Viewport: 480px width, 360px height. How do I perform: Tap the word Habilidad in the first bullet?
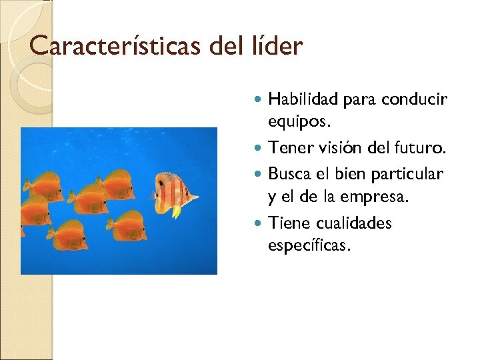point(303,99)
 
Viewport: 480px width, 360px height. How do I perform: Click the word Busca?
point(289,173)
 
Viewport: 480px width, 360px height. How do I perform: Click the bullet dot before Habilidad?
point(259,100)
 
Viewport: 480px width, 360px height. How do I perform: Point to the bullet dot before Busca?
point(259,174)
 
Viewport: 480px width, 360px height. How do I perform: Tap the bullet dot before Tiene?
point(259,223)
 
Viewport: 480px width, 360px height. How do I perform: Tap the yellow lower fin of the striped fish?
point(176,211)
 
